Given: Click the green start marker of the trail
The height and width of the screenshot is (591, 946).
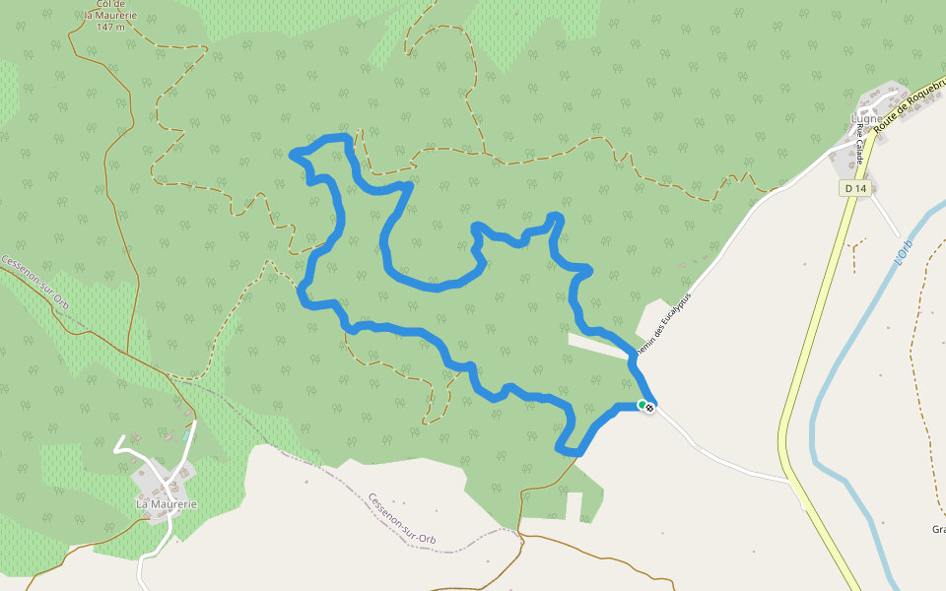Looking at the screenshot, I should (642, 404).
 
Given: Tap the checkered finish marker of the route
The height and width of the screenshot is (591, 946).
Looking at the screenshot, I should (649, 407).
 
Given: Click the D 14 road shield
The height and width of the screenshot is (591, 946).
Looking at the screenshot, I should (854, 188).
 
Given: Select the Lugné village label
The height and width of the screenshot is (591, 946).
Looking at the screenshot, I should (866, 118).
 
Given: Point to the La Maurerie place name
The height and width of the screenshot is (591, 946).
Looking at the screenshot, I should (167, 504).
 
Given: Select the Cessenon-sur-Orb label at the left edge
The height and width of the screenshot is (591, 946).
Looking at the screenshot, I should (34, 283).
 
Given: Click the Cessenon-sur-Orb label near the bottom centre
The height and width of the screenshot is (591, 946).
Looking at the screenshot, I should (401, 518).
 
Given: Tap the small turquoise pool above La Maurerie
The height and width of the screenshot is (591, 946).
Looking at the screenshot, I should (186, 433).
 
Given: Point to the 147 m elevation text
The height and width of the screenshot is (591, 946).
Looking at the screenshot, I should (111, 27).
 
